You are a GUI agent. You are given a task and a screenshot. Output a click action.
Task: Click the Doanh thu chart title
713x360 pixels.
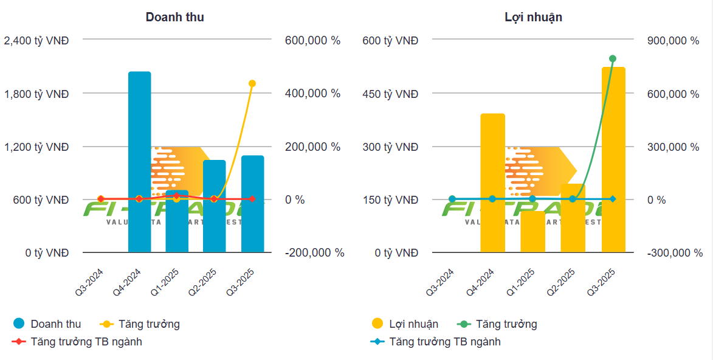coord(174,17)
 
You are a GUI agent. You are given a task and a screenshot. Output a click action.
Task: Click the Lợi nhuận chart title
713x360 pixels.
coord(533,17)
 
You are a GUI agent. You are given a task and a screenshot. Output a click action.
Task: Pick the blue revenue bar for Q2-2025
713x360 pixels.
coord(214,206)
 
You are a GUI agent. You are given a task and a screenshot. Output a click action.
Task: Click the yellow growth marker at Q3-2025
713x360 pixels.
coord(252,83)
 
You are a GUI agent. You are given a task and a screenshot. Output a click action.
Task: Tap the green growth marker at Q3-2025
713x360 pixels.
coord(613,59)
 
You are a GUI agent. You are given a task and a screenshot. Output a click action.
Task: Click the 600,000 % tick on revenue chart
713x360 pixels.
coord(312,41)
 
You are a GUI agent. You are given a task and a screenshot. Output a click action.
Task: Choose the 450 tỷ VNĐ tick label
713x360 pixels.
coord(390,94)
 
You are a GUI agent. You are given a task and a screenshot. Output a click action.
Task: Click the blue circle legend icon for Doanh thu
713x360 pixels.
coord(19,324)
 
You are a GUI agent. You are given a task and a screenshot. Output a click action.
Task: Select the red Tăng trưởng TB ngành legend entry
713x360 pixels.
coord(77,342)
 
